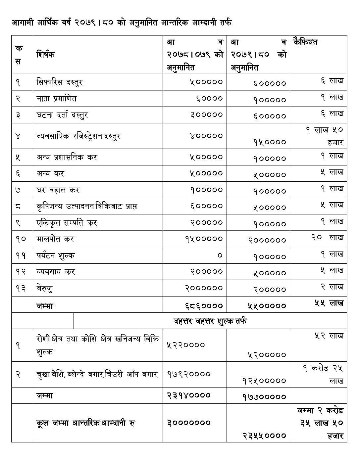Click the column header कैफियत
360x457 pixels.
305,42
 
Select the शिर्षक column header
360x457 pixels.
46,54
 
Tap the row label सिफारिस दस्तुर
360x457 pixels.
60,82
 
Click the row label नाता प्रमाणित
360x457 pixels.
57,98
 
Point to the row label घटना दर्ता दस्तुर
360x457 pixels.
62,115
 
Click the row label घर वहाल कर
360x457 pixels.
58,190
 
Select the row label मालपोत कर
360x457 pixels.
55,239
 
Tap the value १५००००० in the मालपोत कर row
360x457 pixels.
204,239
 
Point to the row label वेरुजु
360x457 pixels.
44,289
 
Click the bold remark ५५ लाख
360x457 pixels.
329,303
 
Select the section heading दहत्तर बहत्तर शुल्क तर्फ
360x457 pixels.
210,321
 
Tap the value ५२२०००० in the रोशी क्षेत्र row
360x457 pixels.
186,345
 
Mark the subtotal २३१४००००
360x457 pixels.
189,395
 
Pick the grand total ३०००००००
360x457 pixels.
189,423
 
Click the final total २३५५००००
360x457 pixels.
264,435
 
